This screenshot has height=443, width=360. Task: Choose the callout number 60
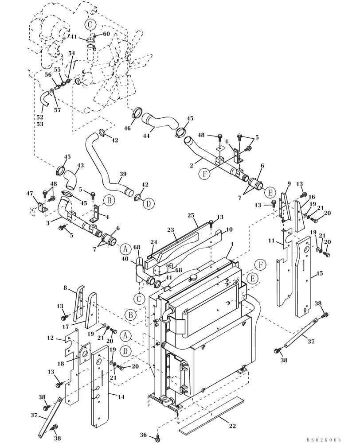point(106,34)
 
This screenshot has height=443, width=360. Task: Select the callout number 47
point(30,194)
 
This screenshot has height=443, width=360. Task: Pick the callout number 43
point(80,165)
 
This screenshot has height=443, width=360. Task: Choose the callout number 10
point(229,229)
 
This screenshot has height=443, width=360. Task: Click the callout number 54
point(71,53)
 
